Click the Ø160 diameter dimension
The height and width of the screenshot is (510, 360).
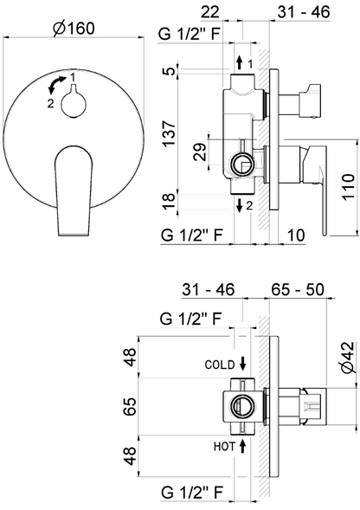click(x=74, y=29)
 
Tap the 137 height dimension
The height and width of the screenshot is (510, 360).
click(x=170, y=133)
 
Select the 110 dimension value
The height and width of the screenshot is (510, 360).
click(x=348, y=187)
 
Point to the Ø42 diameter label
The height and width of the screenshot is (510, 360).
click(x=347, y=358)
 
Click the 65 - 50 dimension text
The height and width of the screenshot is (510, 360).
click(x=298, y=289)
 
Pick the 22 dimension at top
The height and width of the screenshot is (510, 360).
click(x=210, y=12)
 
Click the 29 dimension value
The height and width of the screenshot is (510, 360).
click(x=200, y=152)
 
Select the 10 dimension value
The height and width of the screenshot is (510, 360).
click(x=296, y=235)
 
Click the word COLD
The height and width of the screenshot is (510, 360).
click(x=220, y=365)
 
